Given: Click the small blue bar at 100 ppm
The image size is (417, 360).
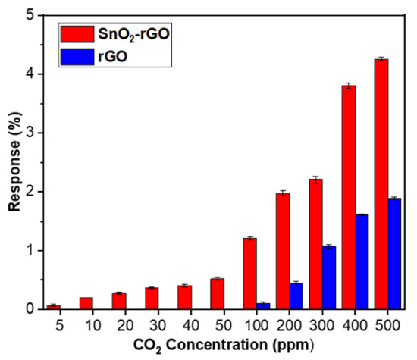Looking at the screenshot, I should pos(263,306).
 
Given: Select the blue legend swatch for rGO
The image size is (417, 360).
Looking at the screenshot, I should pos(77,55).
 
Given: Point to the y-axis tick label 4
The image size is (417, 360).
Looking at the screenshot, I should pos(27,74).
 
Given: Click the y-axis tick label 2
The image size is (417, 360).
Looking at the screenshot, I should pos(27,192).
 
